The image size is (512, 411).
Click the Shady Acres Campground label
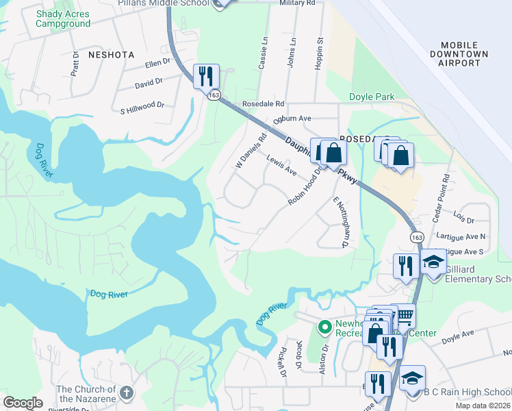[63, 18]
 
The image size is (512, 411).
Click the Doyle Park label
[372, 97]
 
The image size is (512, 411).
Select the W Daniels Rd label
[250, 151]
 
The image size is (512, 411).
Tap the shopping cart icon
[405, 315]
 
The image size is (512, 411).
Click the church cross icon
[125, 393]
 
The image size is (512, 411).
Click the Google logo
[23, 403]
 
